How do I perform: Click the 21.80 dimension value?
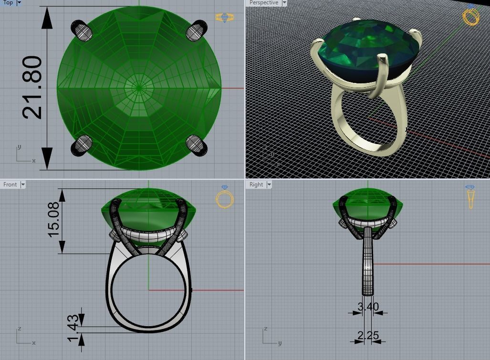32,87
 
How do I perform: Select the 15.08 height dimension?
53,219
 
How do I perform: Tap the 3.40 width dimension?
368,306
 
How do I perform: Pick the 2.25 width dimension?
368,335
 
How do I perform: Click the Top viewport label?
8,2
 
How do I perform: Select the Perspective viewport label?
263,2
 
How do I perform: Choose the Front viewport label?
10,185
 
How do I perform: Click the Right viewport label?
256,185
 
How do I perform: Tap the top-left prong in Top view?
82,31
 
